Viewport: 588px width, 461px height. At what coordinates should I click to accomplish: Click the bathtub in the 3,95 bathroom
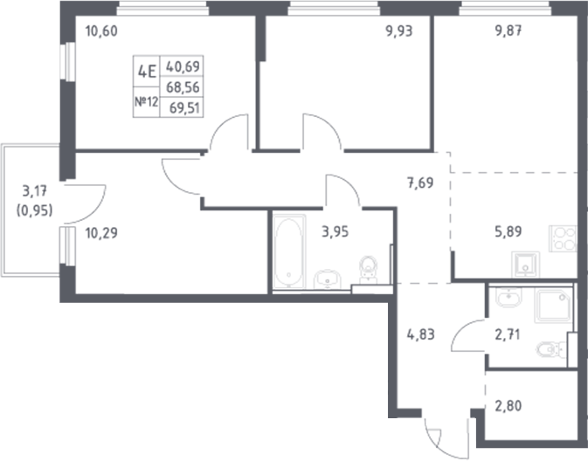[x=288, y=253]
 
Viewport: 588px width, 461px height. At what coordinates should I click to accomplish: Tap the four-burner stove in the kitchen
[x=562, y=238]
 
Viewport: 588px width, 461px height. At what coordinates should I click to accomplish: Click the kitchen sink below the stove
[x=525, y=265]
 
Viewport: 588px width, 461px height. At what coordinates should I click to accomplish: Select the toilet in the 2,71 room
[x=548, y=351]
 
